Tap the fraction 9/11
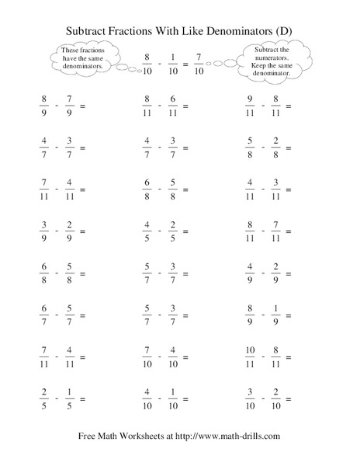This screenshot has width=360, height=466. click(x=249, y=106)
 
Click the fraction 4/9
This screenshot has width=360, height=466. click(x=249, y=274)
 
